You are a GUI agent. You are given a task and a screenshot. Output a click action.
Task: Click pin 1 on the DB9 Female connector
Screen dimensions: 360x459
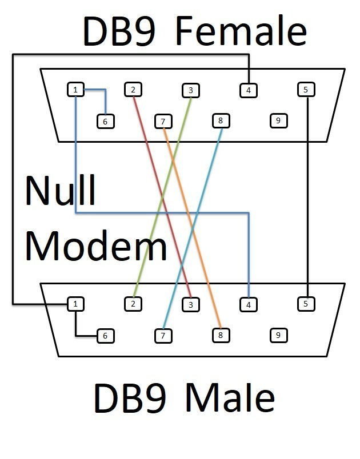[75, 90]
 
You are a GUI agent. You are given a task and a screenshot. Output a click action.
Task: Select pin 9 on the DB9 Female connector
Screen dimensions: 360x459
[278, 121]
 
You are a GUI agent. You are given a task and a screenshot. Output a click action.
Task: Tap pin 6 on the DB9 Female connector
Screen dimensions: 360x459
[106, 122]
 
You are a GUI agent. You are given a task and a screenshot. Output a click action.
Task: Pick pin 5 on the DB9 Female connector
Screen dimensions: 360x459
[306, 90]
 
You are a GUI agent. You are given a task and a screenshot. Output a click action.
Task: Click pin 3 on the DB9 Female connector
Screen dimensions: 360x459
[191, 90]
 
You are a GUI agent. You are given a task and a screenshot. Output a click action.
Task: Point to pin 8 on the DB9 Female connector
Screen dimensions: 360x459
[221, 121]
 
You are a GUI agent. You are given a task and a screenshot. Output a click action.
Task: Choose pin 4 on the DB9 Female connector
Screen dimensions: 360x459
[249, 90]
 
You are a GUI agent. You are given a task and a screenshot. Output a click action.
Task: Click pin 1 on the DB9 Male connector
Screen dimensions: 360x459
[75, 304]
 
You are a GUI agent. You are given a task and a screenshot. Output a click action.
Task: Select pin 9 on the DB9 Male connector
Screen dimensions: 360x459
[278, 336]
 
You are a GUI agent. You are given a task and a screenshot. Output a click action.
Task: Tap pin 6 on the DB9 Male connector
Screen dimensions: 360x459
[106, 336]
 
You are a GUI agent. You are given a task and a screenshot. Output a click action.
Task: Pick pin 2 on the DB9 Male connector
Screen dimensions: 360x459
[133, 304]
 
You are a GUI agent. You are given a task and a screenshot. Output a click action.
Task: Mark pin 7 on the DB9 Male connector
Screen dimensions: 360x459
[163, 336]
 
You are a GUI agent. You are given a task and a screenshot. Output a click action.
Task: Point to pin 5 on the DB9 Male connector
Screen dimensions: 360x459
[306, 304]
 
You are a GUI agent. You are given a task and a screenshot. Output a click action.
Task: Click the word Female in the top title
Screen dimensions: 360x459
[241, 31]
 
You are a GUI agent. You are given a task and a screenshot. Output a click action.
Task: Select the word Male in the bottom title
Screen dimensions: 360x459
[230, 397]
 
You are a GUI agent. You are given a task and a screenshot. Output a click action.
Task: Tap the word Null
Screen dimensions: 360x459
[61, 190]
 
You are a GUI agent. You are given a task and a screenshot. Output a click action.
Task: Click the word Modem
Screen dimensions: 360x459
[96, 245]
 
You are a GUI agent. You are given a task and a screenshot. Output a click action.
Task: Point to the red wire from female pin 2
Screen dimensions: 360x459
[162, 197]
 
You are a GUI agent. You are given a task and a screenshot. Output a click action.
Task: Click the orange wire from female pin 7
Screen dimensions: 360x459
[192, 228]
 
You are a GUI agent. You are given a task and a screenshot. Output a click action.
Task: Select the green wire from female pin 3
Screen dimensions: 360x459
[162, 197]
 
